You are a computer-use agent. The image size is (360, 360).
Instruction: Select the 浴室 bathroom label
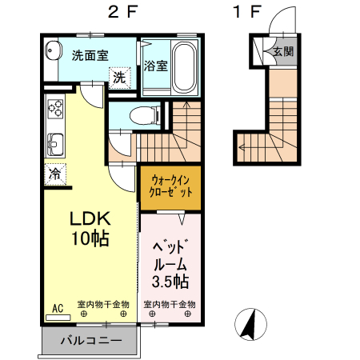tap(156, 66)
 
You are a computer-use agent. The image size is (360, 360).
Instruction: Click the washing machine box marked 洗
tap(118, 78)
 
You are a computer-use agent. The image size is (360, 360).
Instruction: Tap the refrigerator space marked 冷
tap(55, 173)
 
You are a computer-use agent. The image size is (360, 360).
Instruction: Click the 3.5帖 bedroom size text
tap(170, 282)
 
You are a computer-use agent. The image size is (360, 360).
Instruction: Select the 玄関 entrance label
tap(282, 51)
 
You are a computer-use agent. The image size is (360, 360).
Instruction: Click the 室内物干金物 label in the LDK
tap(103, 305)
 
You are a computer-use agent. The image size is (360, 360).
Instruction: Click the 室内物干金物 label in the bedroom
tap(170, 305)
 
